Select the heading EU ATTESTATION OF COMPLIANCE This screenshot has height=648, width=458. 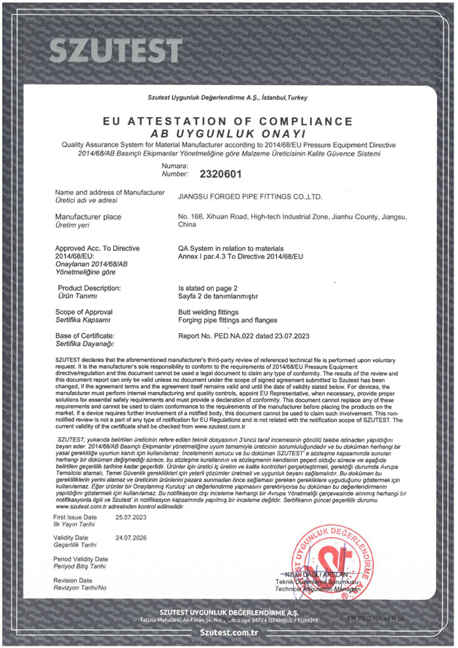[228, 121]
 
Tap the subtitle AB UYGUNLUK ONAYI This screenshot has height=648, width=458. [228, 135]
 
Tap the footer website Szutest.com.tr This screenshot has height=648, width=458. [228, 633]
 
